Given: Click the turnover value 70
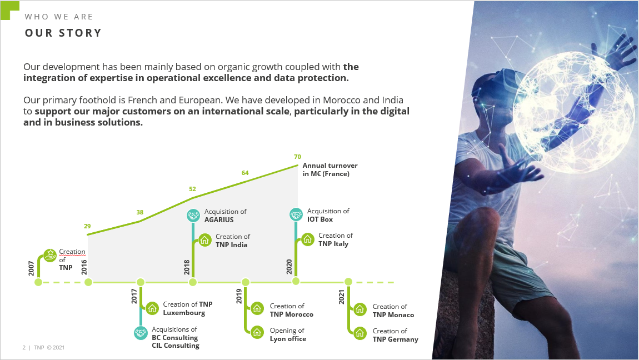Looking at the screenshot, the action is (x=297, y=157).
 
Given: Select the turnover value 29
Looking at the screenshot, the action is (x=87, y=226).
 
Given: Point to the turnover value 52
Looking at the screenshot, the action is (x=192, y=189).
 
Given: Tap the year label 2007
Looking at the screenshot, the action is (x=31, y=268).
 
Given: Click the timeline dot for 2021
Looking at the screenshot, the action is (x=348, y=282).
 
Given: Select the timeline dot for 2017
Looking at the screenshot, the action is (x=141, y=282).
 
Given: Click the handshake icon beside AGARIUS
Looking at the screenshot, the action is (x=193, y=215).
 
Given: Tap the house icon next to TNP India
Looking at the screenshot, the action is (x=204, y=240).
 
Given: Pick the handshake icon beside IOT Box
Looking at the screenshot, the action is (x=296, y=214).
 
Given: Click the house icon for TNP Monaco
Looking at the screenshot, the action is (x=360, y=309).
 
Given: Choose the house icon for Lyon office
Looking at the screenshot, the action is (x=257, y=333).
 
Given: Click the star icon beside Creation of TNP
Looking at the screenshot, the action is (x=50, y=256).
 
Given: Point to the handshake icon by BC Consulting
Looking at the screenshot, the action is (x=141, y=333).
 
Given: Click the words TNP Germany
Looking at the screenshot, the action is (x=395, y=339).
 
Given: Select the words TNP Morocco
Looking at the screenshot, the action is (x=291, y=314).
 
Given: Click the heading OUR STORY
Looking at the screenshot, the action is (x=63, y=33).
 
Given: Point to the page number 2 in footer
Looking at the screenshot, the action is (x=24, y=347).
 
